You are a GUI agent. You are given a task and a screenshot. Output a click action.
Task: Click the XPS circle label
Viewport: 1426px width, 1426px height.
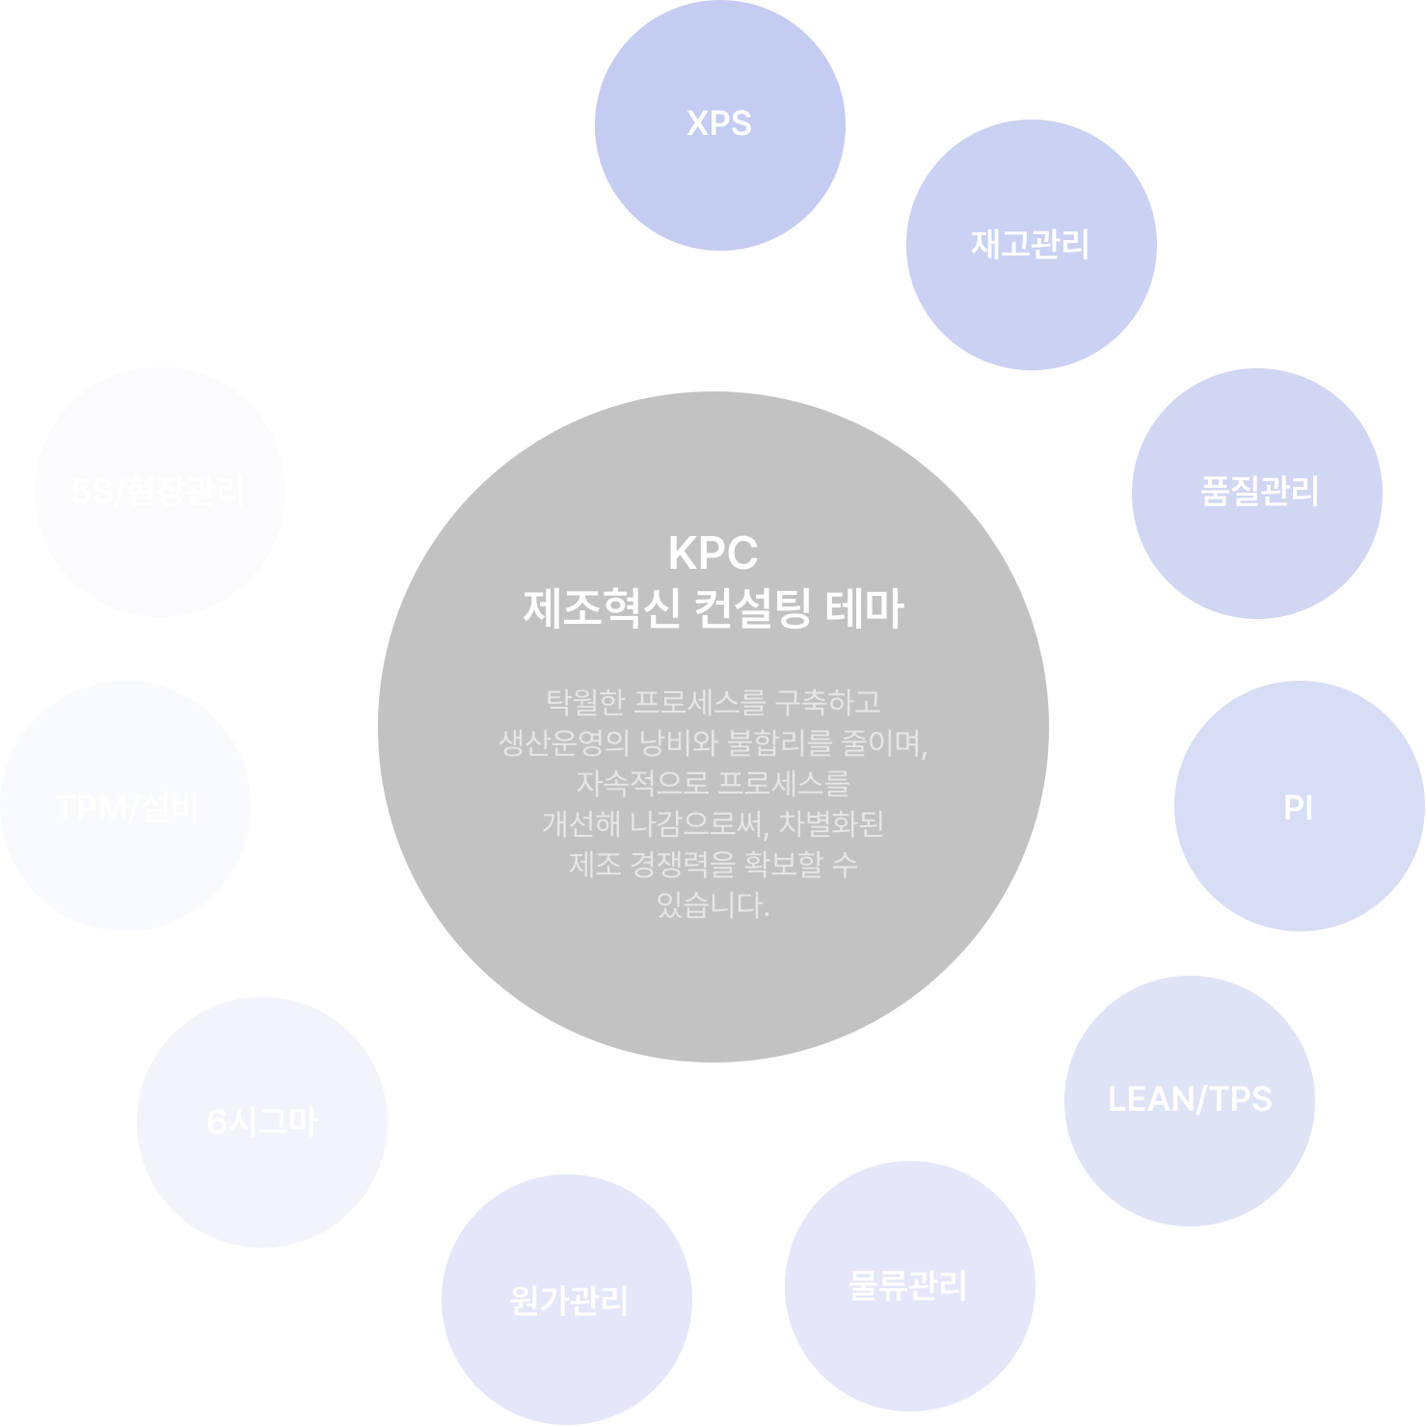[x=719, y=123]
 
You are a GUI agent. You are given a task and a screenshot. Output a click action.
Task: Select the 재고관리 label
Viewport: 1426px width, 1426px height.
[x=1030, y=244]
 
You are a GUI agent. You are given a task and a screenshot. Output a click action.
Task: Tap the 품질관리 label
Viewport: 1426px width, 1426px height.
[x=1259, y=492]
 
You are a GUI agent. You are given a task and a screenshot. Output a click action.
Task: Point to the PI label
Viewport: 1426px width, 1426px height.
[x=1298, y=807]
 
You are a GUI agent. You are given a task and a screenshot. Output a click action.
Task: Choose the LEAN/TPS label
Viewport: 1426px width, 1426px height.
[x=1190, y=1099]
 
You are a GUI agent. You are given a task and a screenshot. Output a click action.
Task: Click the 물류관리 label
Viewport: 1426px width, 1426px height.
[x=907, y=1285]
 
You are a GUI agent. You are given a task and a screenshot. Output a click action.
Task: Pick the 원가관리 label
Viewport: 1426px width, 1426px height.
[x=569, y=1301]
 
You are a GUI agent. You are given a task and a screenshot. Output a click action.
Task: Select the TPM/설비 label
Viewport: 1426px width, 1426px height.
[x=127, y=807]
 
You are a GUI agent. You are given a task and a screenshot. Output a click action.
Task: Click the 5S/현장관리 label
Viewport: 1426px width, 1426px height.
[x=158, y=492]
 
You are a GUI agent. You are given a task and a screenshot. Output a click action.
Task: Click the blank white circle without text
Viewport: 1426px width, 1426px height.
[x=382, y=249]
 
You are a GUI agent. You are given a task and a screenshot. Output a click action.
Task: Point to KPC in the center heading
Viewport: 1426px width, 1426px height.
[x=713, y=553]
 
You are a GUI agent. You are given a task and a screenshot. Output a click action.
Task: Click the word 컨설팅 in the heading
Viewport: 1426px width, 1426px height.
[x=752, y=609]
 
